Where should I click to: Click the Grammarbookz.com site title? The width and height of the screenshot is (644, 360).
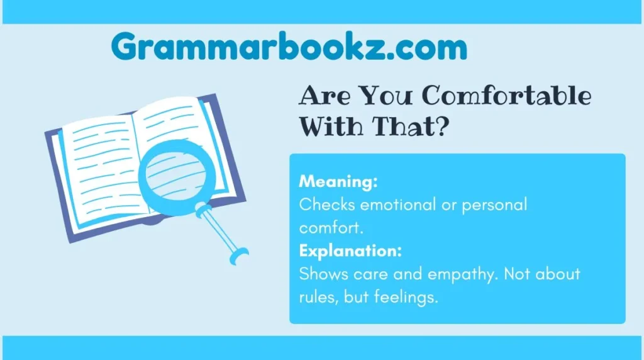[x=289, y=47]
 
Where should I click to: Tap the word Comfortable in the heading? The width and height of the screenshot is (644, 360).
[x=506, y=96]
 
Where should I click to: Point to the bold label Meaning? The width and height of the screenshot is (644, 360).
[x=338, y=182]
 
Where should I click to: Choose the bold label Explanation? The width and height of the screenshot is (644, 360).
[x=350, y=251]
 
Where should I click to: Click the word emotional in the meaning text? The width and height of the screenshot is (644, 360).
[x=401, y=205]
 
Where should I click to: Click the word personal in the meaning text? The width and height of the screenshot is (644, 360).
[x=495, y=205]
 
